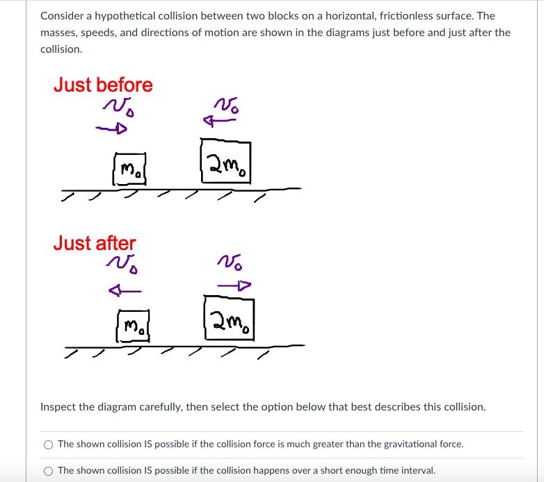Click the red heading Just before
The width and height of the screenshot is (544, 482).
[x=103, y=85]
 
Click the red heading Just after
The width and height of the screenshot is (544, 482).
[x=95, y=243]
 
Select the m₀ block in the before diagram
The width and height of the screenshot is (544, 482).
[x=131, y=169]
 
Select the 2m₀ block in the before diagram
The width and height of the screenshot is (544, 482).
[x=225, y=161]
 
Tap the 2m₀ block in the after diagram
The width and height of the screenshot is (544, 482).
[x=229, y=318]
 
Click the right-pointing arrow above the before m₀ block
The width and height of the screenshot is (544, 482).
[x=112, y=129]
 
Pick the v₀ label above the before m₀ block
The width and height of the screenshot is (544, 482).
[x=118, y=107]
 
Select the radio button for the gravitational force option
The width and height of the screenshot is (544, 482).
[x=48, y=444]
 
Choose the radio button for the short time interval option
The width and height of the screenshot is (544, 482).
[x=48, y=470]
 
